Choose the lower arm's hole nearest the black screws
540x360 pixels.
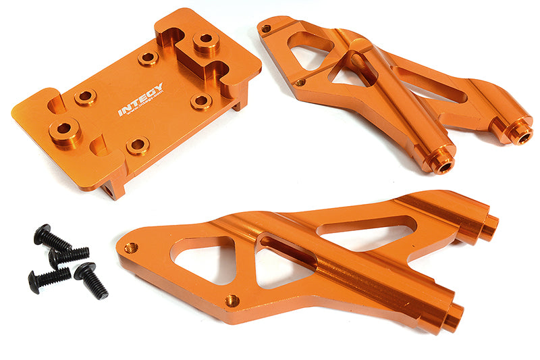pos(131,248)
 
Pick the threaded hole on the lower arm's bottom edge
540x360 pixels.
pos(233,299)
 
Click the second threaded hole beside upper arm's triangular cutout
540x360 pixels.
pos(300,83)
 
